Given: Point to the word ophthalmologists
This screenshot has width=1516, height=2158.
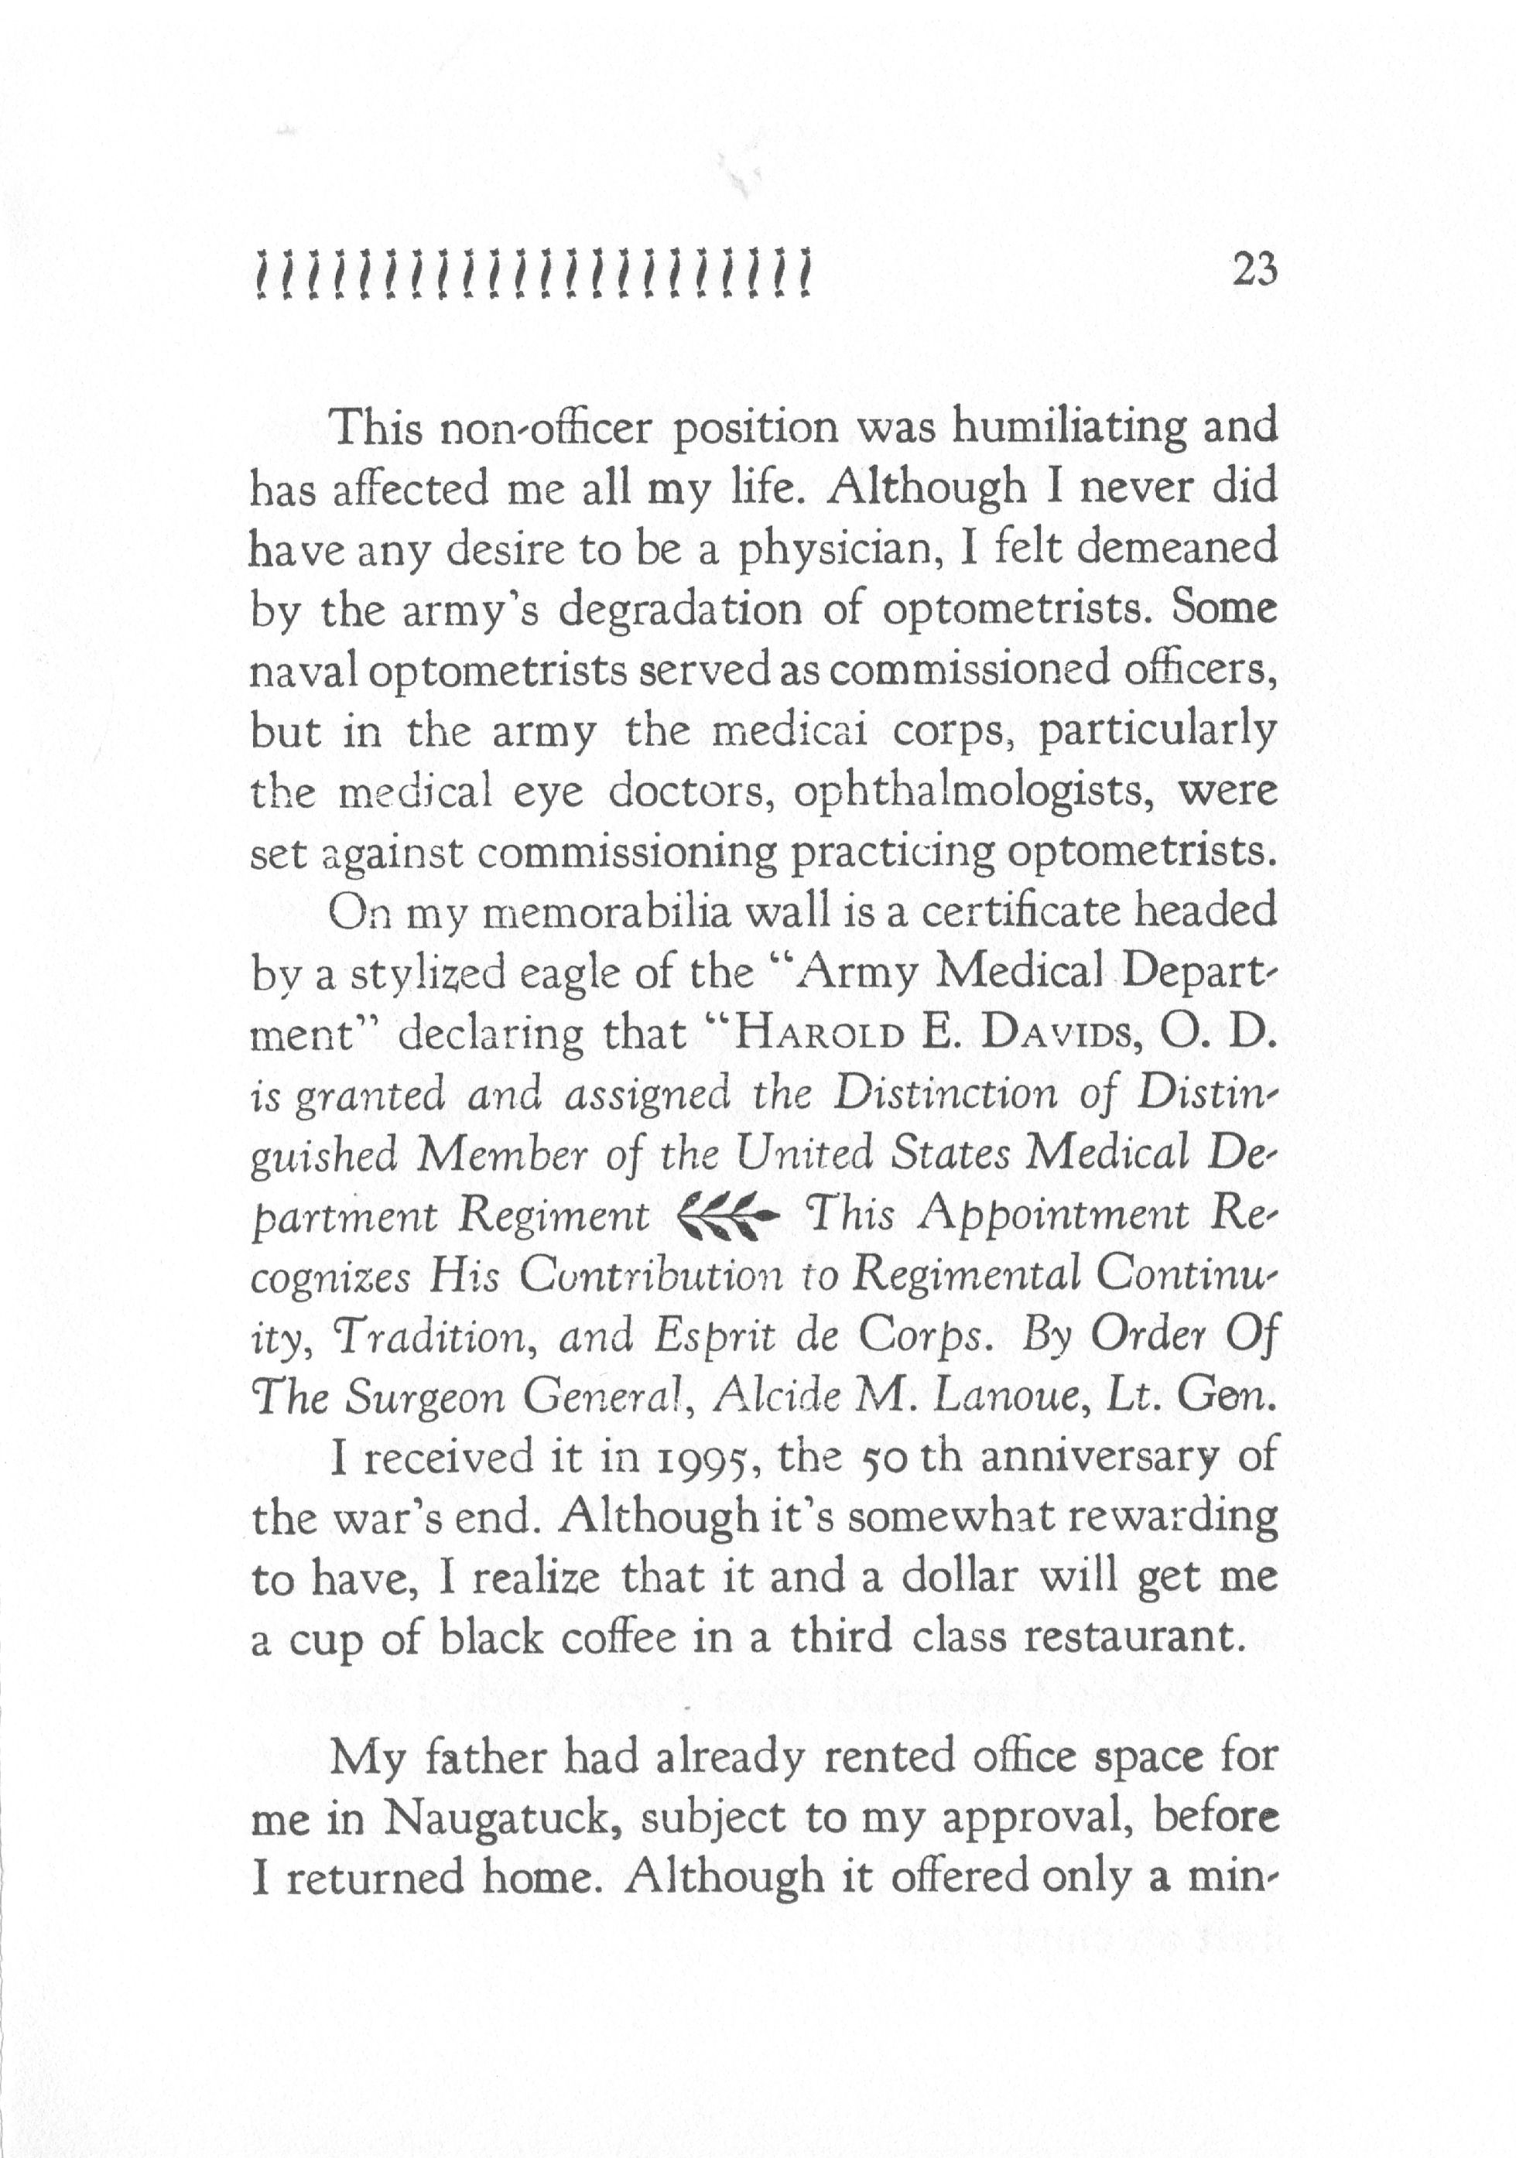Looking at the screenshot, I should click(x=971, y=792).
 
